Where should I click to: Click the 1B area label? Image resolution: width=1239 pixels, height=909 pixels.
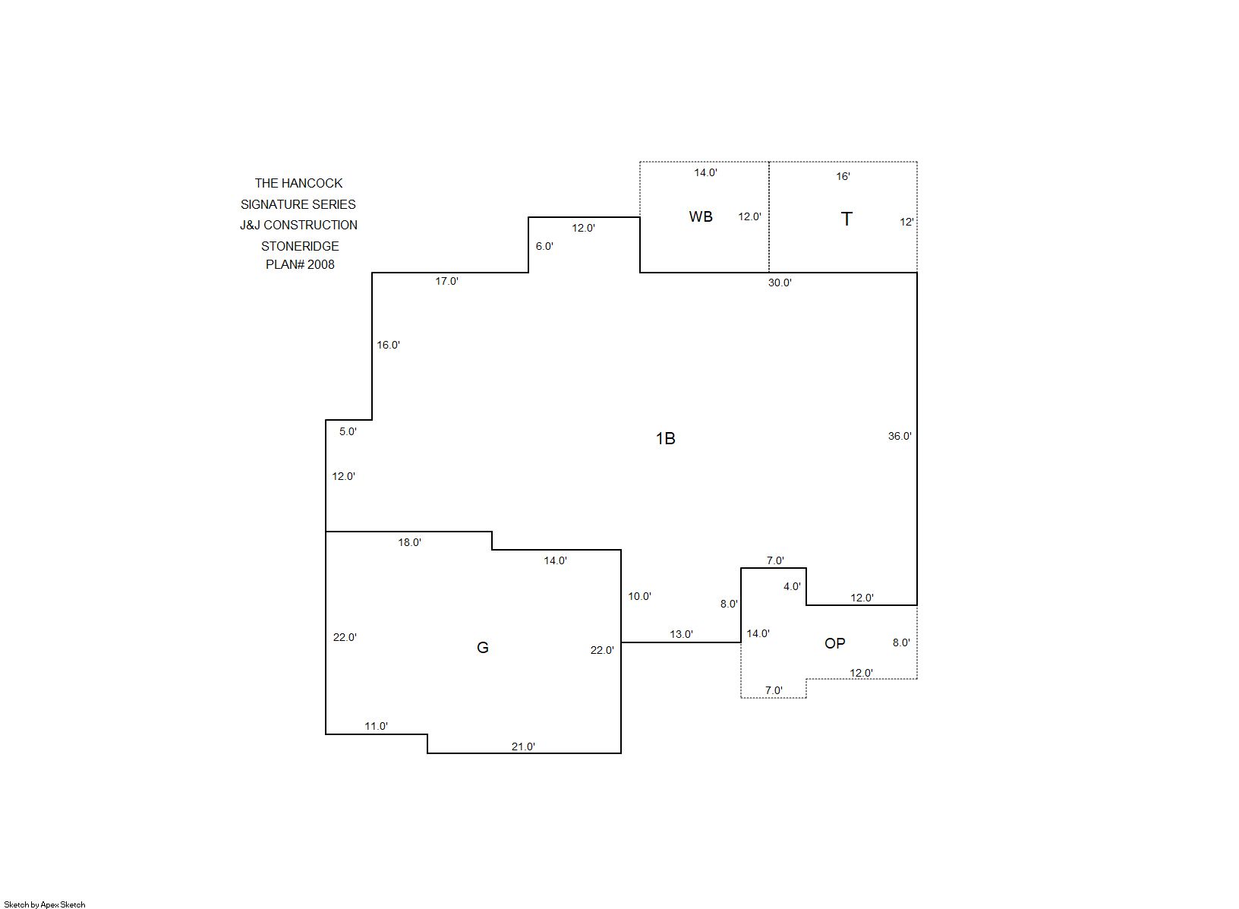(x=665, y=439)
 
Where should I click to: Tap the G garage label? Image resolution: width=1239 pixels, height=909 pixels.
(x=482, y=647)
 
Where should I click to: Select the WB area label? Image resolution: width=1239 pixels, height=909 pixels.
(x=701, y=217)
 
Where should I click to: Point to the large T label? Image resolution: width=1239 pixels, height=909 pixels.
(x=846, y=219)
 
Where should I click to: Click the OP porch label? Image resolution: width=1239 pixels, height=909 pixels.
(x=834, y=643)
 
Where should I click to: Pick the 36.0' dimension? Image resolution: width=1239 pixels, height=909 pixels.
(x=900, y=436)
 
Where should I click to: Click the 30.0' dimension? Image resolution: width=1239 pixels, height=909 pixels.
(x=780, y=282)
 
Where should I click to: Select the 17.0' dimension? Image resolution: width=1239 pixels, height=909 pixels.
(x=447, y=281)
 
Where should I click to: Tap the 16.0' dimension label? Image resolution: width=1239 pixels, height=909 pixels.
(x=388, y=346)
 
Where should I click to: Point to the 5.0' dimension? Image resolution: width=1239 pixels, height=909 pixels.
(x=348, y=431)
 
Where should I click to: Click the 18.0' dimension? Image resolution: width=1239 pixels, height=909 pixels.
(x=410, y=543)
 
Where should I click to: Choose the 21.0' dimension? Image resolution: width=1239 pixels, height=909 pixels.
(x=523, y=747)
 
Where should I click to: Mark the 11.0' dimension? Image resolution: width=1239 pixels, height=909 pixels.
(x=376, y=727)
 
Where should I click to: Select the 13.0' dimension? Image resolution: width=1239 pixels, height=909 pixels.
(x=682, y=635)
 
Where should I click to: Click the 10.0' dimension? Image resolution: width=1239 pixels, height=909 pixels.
(x=639, y=596)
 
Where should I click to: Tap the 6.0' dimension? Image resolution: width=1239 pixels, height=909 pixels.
(x=544, y=246)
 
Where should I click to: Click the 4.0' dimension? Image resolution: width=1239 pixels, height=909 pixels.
(x=792, y=586)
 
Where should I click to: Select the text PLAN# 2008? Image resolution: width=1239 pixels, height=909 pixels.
(x=301, y=264)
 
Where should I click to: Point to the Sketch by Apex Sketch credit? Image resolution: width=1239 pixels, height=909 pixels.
(x=45, y=904)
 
